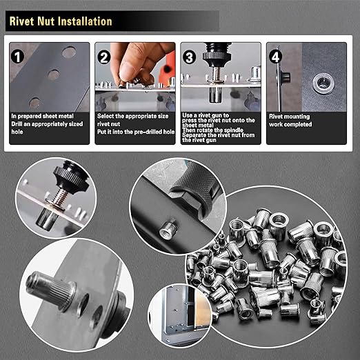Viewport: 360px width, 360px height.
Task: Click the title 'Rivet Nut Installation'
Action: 61,21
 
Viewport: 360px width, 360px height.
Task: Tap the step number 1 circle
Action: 19,53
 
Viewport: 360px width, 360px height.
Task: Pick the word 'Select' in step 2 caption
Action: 107,117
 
